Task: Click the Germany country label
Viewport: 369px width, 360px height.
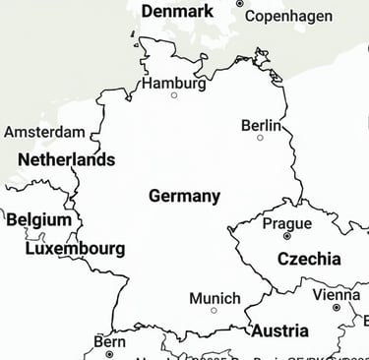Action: [184, 196]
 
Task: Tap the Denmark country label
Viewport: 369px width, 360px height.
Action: [177, 11]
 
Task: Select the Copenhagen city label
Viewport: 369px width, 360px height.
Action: [287, 16]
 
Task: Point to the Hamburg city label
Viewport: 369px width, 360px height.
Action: [174, 83]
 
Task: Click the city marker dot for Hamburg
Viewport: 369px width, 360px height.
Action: [174, 95]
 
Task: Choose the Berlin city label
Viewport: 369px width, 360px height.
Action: [261, 125]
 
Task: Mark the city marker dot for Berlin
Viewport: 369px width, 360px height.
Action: [261, 138]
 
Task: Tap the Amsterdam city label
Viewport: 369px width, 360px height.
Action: [44, 132]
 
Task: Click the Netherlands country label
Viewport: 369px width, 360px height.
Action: [66, 159]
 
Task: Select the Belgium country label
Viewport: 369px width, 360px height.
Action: [39, 219]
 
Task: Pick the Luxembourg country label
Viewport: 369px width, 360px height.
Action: [75, 249]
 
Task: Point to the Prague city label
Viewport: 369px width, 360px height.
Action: [287, 223]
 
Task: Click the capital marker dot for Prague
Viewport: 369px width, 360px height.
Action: [287, 236]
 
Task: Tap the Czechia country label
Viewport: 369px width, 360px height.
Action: [309, 260]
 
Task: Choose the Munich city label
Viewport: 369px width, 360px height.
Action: [215, 298]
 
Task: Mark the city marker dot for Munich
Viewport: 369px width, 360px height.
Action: [214, 311]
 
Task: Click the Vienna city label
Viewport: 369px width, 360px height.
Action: [337, 294]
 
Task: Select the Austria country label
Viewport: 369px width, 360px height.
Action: [279, 331]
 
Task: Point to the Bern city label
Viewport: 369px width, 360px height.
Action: [109, 341]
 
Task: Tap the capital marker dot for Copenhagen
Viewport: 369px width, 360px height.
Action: [239, 4]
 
